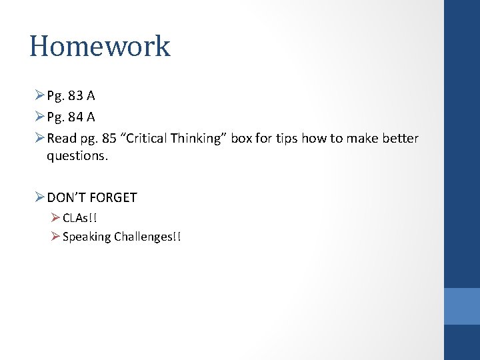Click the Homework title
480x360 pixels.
pos(100,47)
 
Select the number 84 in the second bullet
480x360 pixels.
pos(75,117)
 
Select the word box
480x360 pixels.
pos(242,139)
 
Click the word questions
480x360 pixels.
pos(77,157)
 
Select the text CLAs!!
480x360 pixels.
pos(79,218)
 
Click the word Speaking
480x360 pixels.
pos(87,237)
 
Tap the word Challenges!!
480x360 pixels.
pos(147,237)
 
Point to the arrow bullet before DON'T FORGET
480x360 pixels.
pos(39,197)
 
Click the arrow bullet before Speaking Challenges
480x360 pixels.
pos(55,237)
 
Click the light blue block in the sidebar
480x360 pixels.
pos(461,306)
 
